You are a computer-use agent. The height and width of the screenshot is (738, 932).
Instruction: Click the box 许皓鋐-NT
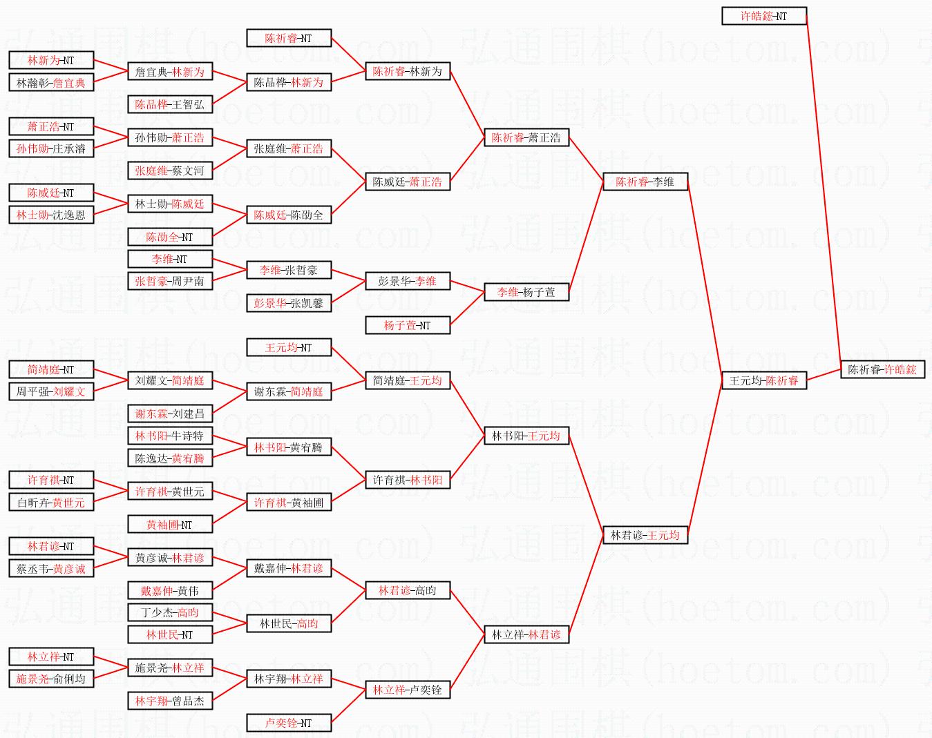tap(763, 16)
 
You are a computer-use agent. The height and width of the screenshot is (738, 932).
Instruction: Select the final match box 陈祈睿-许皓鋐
tap(882, 369)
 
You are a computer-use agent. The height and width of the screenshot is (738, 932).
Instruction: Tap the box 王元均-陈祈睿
tap(763, 380)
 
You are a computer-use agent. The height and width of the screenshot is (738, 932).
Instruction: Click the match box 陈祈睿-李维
tap(645, 182)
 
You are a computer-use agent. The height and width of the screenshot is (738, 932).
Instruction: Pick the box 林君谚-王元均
tap(645, 535)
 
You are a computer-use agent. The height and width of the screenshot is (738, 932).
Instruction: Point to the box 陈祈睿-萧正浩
tap(526, 137)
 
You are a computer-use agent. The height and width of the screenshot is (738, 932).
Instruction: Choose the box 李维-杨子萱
tap(526, 292)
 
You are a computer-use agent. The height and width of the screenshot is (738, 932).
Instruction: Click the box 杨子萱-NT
tap(407, 325)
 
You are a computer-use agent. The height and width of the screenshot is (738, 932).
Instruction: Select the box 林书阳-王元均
tap(526, 436)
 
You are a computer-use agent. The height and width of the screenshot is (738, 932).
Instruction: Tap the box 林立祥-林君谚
tap(526, 634)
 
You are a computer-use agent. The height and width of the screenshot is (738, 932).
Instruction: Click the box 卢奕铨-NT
tap(288, 723)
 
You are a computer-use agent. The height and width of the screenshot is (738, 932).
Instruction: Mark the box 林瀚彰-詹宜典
tap(50, 83)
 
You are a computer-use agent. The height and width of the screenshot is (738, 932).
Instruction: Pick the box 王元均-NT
tap(288, 347)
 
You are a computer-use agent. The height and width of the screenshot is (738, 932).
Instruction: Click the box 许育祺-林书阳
tap(407, 480)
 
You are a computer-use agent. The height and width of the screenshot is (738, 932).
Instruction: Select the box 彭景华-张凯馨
tap(288, 303)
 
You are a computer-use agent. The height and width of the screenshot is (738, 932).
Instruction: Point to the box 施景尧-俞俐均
tap(50, 679)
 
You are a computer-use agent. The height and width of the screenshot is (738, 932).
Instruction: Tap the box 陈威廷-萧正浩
tap(407, 182)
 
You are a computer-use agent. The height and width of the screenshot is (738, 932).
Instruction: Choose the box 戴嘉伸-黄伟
tap(169, 591)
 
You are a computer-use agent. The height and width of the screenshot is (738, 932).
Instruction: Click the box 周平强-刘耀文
tap(50, 391)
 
